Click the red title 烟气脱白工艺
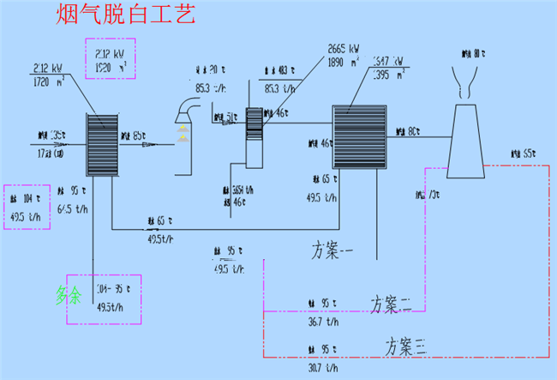(x=127, y=15)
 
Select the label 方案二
(x=392, y=303)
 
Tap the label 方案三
(x=405, y=347)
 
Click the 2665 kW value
(x=346, y=48)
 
